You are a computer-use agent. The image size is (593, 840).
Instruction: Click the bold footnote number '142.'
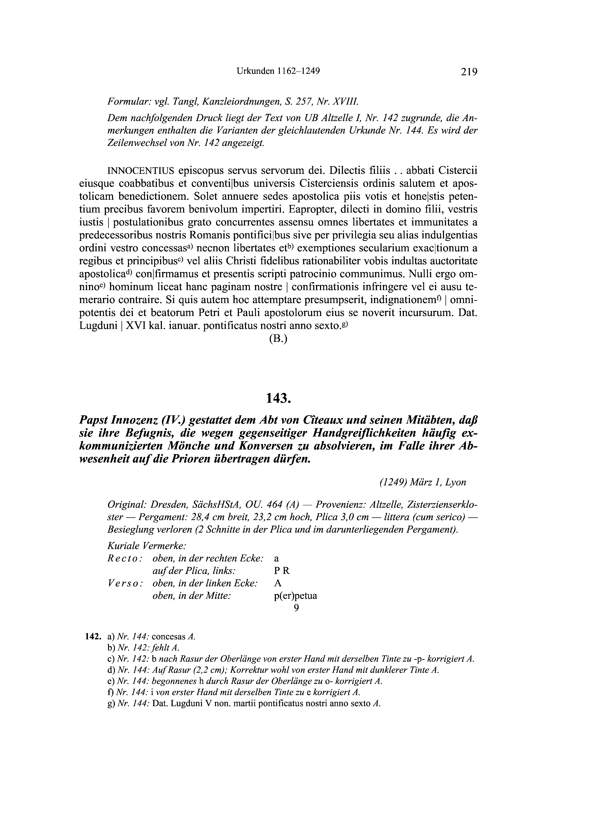tap(92, 637)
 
